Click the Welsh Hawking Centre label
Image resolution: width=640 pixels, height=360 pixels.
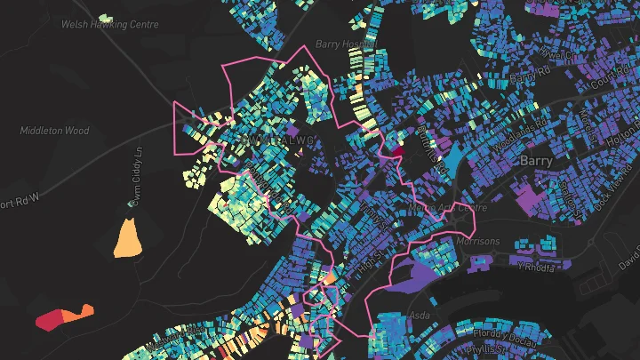coord(109,25)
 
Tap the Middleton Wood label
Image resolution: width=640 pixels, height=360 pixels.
coord(54,131)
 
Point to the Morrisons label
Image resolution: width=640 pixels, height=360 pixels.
coord(478,241)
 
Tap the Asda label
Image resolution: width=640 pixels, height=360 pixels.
coord(418,316)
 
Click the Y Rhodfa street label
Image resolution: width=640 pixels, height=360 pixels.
coord(537,266)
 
